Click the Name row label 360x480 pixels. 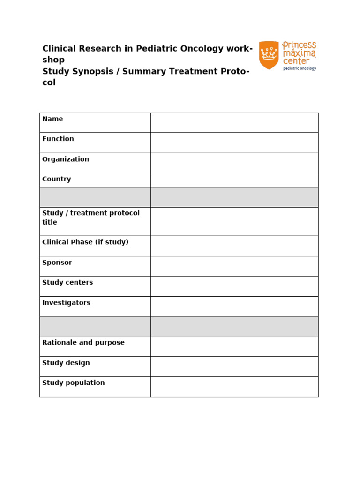[52, 119]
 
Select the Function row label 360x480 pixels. [58, 139]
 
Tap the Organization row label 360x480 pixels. [66, 159]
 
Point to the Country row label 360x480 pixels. [57, 179]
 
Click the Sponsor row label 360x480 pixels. [57, 262]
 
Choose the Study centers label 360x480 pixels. [67, 282]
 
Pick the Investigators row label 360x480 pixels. [66, 303]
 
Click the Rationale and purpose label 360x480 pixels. [83, 343]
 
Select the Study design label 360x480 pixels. [66, 363]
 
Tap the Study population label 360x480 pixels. [74, 382]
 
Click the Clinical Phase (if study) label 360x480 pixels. [85, 242]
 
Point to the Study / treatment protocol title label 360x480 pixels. [91, 217]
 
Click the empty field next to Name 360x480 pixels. [234, 123]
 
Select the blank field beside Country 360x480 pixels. [234, 180]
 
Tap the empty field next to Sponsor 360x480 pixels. [234, 266]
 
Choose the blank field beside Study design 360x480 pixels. [234, 366]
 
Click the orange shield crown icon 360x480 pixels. [269, 55]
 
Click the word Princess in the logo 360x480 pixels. [299, 46]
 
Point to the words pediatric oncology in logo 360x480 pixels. [299, 68]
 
